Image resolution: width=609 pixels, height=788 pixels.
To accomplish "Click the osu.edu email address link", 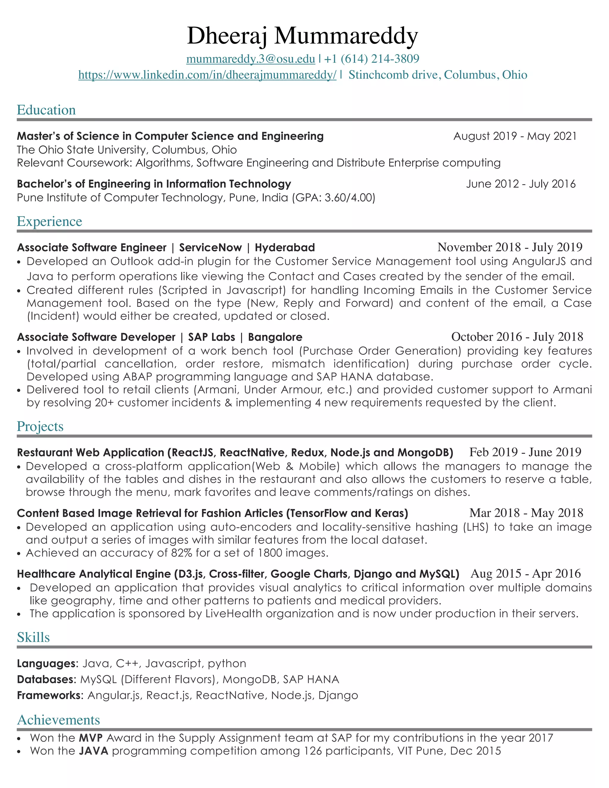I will point(250,59).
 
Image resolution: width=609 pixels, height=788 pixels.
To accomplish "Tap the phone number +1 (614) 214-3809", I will point(372,59).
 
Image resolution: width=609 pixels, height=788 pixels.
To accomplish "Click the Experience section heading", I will point(49,221).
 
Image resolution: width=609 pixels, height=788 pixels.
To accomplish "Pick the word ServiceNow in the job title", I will point(210,247).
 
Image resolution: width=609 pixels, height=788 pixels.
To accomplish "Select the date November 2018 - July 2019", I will point(510,247).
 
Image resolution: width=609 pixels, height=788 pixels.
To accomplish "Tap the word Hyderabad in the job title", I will point(285,247).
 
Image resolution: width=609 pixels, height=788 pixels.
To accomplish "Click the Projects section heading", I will point(40,426).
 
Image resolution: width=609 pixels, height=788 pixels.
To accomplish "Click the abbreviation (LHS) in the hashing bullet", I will point(475,527).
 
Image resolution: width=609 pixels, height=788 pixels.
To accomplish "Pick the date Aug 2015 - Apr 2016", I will point(525,574).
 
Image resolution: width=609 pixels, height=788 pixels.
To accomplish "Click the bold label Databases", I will point(45,679).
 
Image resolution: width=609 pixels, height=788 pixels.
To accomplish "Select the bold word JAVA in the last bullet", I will point(93,751).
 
